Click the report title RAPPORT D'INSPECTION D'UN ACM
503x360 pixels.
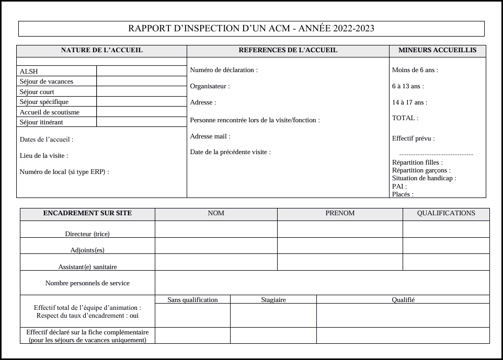click(251, 29)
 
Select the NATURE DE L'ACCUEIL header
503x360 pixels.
click(101, 51)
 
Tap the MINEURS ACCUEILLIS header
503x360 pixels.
click(437, 51)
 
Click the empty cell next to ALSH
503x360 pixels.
click(141, 71)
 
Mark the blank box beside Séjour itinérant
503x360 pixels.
click(141, 122)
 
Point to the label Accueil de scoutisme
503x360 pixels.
click(50, 112)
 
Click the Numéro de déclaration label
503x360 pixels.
click(224, 70)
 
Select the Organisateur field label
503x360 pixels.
click(210, 86)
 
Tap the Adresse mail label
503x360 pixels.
click(210, 136)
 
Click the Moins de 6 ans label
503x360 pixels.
click(415, 70)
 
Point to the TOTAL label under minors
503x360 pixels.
click(405, 119)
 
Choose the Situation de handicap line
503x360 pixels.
click(424, 178)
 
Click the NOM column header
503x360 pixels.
click(216, 214)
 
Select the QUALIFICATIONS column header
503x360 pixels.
click(446, 214)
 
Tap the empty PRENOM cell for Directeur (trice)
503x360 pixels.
click(340, 229)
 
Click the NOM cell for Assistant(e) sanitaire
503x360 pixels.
click(216, 262)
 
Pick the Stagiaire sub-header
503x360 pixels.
click(273, 300)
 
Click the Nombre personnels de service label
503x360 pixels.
click(87, 283)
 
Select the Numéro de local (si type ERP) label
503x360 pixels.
click(64, 172)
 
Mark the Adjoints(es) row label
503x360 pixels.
click(87, 250)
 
